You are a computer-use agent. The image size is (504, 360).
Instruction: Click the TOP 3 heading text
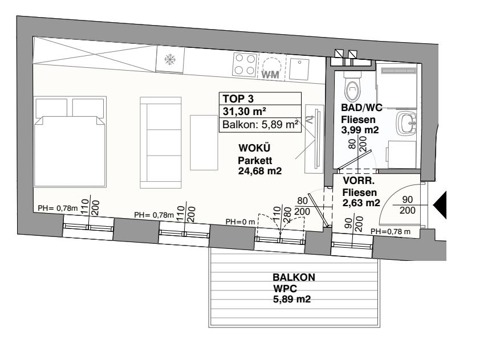tap(238, 99)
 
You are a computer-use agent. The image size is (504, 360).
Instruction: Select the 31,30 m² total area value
tap(244, 112)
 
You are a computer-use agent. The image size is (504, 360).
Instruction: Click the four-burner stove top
tap(245, 64)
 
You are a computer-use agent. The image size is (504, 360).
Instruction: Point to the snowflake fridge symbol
tap(170, 59)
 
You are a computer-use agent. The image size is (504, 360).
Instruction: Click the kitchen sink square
tap(299, 69)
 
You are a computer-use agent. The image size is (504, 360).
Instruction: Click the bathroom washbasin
tap(407, 122)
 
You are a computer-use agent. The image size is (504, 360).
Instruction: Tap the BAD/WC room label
tap(361, 108)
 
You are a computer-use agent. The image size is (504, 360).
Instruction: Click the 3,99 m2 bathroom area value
tap(360, 130)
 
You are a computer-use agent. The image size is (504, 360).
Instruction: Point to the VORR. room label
tap(359, 181)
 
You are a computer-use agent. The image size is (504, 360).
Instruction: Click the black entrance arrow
tap(440, 205)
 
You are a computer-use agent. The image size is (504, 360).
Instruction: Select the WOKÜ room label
tap(254, 148)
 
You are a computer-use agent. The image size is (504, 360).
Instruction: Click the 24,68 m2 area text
tap(260, 171)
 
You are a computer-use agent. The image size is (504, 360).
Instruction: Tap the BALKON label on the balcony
tap(294, 277)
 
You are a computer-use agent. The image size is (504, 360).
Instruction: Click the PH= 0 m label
tap(241, 222)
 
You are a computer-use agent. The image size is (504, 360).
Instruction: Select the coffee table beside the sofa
tap(204, 142)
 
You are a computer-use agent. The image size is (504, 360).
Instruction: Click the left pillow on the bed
tap(51, 108)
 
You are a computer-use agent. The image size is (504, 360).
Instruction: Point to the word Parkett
tap(255, 160)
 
